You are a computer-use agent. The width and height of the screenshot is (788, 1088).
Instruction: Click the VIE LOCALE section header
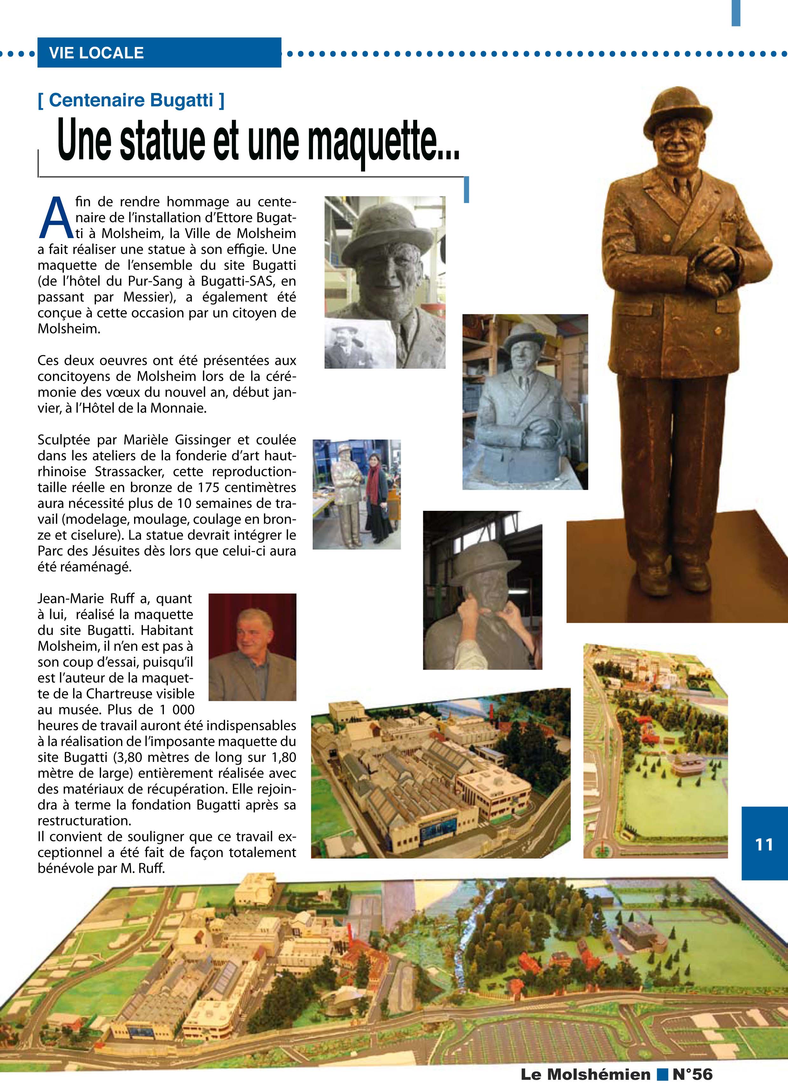(96, 53)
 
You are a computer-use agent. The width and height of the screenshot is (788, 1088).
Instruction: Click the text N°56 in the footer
(692, 1074)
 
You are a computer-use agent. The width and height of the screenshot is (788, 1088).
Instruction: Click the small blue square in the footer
(662, 1074)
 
